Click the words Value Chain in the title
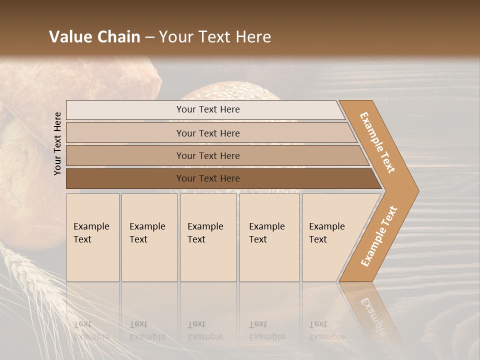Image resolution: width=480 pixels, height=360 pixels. coord(94,37)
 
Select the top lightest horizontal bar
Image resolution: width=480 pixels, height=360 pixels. coord(207,109)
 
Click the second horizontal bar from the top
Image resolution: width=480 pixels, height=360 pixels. coord(207,133)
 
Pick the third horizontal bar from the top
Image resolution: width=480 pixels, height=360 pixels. coord(207,155)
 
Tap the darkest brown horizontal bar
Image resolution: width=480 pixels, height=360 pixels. coord(207,178)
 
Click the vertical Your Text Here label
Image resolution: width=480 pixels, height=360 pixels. coord(58,143)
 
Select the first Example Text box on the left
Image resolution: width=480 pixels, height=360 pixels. coord(92,237)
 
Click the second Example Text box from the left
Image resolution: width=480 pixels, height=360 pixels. coord(149,237)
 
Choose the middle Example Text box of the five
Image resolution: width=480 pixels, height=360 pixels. coord(208,237)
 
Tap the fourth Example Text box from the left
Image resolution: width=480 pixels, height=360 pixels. coord(269,237)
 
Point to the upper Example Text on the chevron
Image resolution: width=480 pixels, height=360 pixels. coord(377,142)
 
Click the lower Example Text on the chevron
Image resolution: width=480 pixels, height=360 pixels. coord(379,236)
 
